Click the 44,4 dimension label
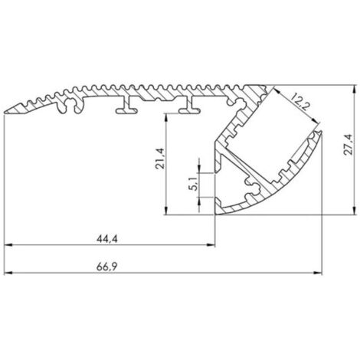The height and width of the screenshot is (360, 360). (107, 239)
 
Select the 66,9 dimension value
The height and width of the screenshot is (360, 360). (106, 267)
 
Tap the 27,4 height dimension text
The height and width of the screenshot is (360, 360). (348, 144)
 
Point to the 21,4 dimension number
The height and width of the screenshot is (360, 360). (160, 159)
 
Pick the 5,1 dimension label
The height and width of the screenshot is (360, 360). (194, 184)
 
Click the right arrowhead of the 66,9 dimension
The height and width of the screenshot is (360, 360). (318, 273)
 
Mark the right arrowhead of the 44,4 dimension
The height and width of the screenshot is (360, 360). (211, 245)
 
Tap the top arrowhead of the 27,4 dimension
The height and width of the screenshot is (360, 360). (354, 89)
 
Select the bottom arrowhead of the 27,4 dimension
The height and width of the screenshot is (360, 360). (354, 211)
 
